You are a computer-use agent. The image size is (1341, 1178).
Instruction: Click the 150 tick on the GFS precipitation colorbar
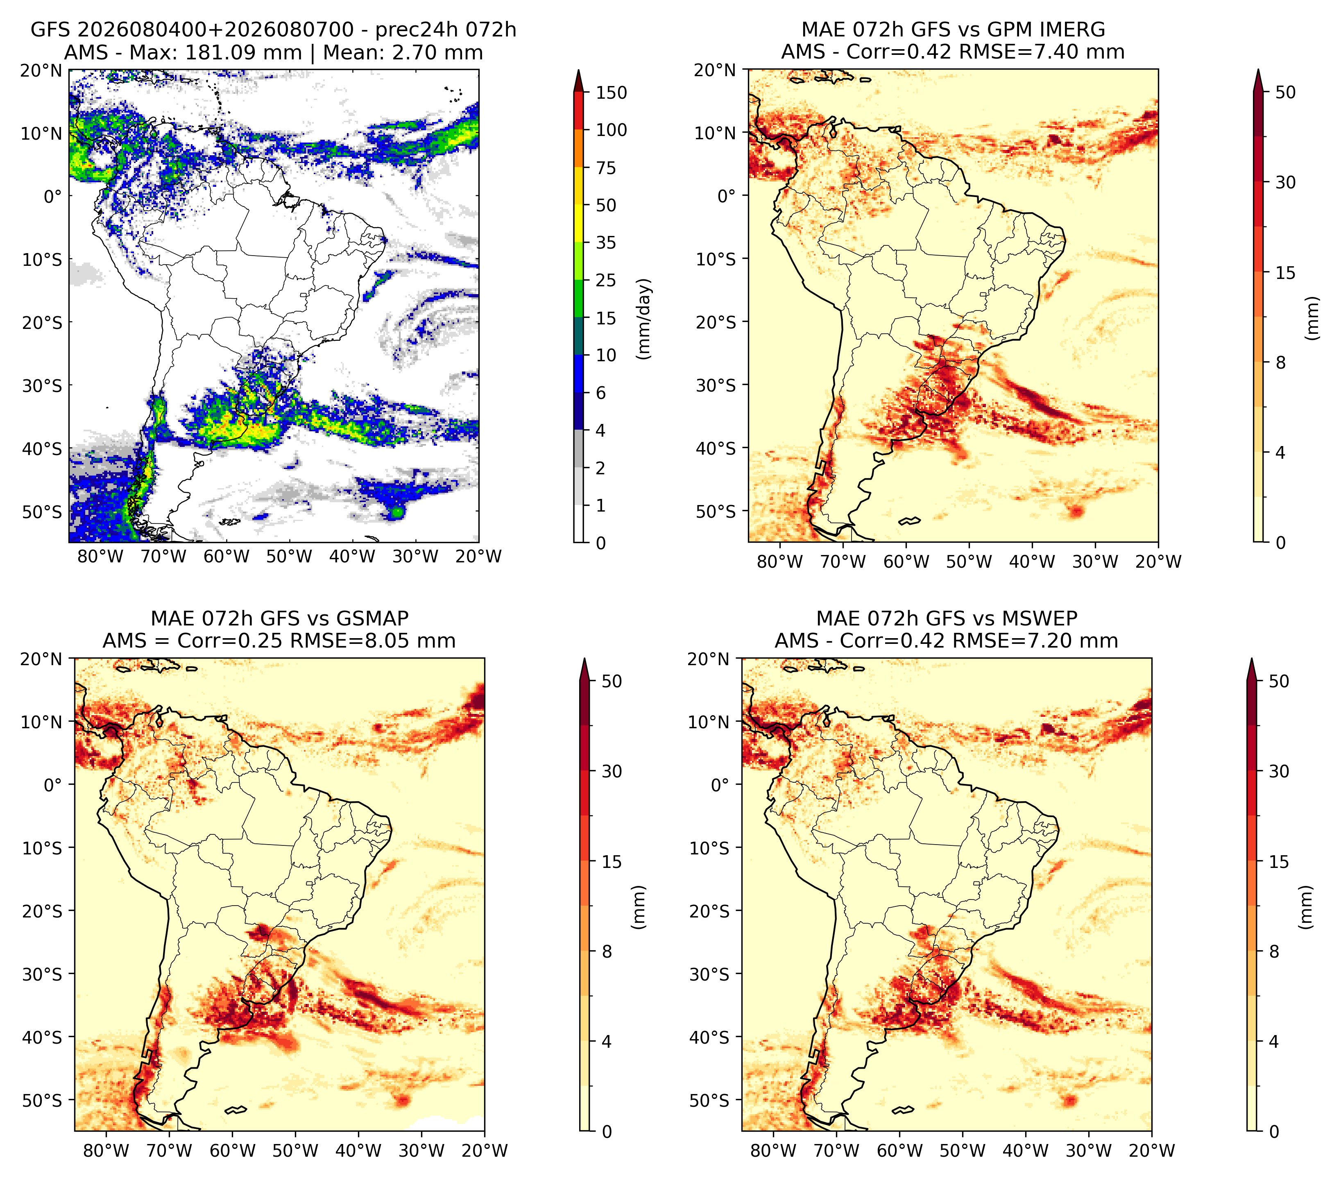611,93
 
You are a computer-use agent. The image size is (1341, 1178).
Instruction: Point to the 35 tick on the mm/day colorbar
605,242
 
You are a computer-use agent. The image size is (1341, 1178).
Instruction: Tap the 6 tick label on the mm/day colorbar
600,393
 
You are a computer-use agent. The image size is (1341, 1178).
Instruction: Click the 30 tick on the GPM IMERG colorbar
1285,182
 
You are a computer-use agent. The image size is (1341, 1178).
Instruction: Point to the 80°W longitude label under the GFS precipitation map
100,557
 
